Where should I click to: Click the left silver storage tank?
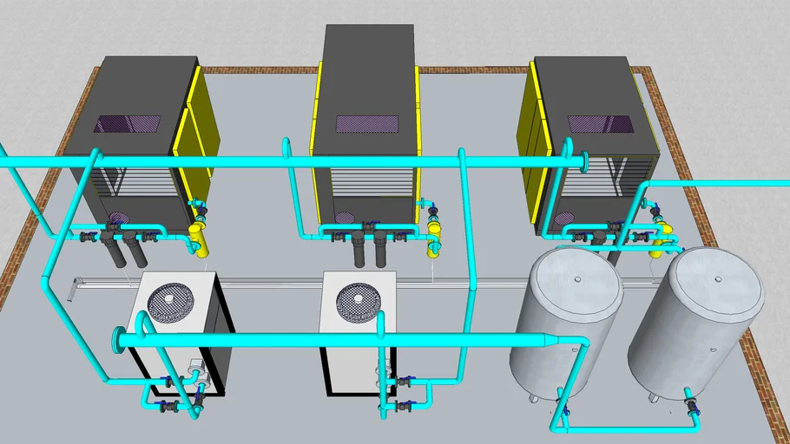coord(564,321)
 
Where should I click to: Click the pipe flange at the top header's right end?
coord(587,161)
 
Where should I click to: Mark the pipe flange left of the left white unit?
coord(115,340)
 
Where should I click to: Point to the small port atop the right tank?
coord(717,279)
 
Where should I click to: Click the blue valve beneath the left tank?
coord(566,410)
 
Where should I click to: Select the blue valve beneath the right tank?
coord(692,405)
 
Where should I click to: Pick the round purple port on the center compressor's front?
coord(345,219)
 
